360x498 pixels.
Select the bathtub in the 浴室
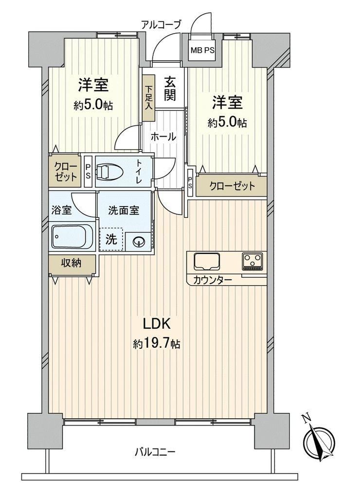pyautogui.click(x=72, y=236)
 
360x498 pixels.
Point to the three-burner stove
pyautogui.click(x=253, y=261)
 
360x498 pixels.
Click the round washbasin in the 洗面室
pyautogui.click(x=139, y=242)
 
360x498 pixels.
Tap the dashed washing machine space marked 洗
pyautogui.click(x=111, y=239)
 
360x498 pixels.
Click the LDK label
pyautogui.click(x=157, y=323)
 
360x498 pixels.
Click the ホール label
pyautogui.click(x=163, y=137)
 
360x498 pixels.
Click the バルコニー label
pyautogui.click(x=155, y=452)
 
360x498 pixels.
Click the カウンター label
pyautogui.click(x=213, y=280)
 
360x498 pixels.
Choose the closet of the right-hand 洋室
pyautogui.click(x=232, y=185)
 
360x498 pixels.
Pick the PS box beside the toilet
pyautogui.click(x=88, y=171)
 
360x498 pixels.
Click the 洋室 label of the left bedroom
pyautogui.click(x=93, y=85)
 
